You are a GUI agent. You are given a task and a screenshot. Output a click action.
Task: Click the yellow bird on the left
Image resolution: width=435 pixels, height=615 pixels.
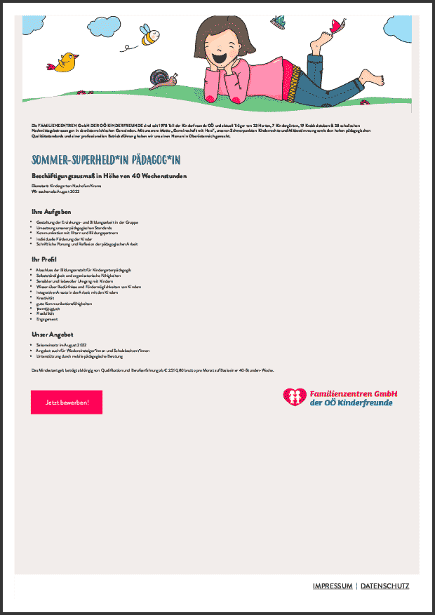click(x=67, y=61)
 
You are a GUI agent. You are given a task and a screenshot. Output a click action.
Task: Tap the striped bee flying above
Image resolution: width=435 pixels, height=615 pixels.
click(x=150, y=37)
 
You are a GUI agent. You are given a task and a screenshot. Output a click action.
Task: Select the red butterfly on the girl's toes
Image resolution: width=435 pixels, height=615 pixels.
click(x=339, y=27)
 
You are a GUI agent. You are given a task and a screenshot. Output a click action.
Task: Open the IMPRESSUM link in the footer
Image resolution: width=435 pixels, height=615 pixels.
click(x=333, y=586)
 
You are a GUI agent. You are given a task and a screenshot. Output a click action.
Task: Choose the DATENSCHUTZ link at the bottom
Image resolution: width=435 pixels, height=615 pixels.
click(x=384, y=586)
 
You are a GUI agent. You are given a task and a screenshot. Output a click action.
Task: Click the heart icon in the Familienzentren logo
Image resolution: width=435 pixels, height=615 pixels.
click(x=294, y=398)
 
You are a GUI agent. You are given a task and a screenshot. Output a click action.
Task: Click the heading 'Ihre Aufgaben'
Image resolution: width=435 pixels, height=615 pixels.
click(x=51, y=211)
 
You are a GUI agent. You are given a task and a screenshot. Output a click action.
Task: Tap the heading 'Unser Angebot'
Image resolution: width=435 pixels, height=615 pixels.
click(x=53, y=334)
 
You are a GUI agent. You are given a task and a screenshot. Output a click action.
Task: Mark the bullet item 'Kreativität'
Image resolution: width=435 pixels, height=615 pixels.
click(x=46, y=298)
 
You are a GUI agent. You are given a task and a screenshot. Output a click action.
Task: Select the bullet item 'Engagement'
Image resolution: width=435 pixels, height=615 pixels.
click(x=47, y=319)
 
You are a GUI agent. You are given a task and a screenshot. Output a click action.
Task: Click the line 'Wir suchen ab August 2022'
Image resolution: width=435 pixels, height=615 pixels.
click(x=55, y=191)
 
